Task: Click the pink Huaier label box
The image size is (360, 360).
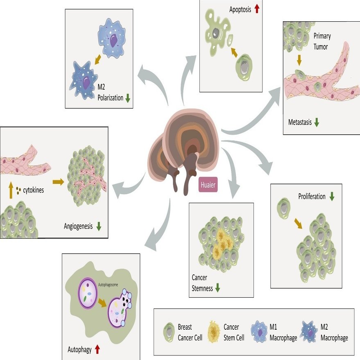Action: click(x=208, y=185)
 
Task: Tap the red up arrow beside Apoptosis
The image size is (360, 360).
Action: click(x=257, y=9)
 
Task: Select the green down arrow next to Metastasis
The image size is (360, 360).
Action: click(x=317, y=122)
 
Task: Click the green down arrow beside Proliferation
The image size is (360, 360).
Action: click(x=332, y=197)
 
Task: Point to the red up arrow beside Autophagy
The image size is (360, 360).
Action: click(x=97, y=349)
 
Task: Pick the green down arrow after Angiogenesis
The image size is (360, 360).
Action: click(x=99, y=226)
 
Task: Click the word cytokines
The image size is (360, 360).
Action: click(x=33, y=190)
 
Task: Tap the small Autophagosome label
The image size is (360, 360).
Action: click(x=108, y=285)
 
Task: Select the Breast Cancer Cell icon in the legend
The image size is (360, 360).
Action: click(x=169, y=332)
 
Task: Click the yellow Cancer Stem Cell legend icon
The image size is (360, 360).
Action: click(x=214, y=332)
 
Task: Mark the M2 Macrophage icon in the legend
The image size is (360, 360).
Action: click(x=310, y=332)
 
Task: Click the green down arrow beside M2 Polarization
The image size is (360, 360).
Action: click(x=128, y=98)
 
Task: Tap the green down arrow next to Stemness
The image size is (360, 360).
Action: click(x=217, y=288)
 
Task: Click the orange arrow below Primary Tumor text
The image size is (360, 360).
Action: click(x=299, y=60)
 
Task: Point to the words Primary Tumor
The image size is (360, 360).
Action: click(x=322, y=41)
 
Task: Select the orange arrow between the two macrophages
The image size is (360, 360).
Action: click(x=98, y=59)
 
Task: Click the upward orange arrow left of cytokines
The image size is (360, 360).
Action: click(x=11, y=190)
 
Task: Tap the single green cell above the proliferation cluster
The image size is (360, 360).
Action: click(x=284, y=208)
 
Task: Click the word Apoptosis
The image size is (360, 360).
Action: click(x=240, y=10)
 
